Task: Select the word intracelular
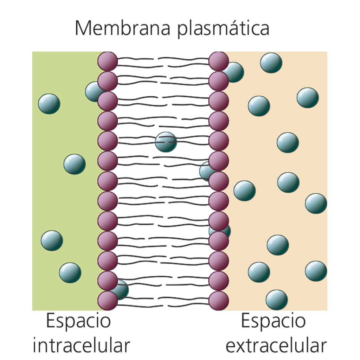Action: (81, 346)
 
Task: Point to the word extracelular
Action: (276, 346)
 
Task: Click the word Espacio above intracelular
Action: (78, 321)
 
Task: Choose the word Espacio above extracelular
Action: (273, 321)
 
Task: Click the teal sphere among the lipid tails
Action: (166, 142)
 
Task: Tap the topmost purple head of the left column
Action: (108, 61)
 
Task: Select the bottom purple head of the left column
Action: (108, 301)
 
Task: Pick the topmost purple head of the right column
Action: (219, 61)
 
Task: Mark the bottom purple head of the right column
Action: (219, 301)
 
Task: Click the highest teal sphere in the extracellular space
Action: (271, 63)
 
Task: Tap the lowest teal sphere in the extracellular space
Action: (277, 300)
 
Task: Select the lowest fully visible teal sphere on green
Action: (70, 273)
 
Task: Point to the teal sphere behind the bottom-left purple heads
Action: (122, 290)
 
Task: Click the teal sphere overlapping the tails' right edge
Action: (205, 171)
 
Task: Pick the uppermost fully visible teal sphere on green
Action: (49, 104)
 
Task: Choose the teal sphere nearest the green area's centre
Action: (75, 164)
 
